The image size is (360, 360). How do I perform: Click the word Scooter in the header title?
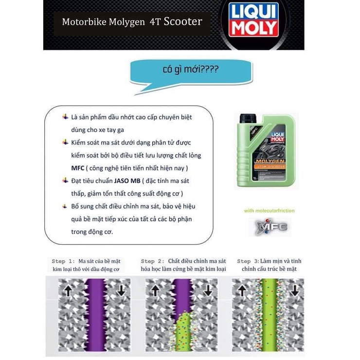click(183, 21)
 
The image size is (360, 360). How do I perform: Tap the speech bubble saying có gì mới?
click(191, 71)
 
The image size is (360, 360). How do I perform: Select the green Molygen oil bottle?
click(265, 150)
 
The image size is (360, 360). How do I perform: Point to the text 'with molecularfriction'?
click(269, 211)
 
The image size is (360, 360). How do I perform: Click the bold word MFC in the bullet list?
click(78, 168)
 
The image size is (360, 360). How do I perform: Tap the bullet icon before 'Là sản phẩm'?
click(65, 117)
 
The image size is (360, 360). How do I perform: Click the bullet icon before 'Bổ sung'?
click(65, 206)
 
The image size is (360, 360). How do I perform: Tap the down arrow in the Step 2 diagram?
click(208, 290)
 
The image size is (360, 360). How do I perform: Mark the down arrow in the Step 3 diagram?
click(295, 290)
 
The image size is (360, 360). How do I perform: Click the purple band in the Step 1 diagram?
click(94, 314)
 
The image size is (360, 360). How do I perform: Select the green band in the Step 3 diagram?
click(268, 314)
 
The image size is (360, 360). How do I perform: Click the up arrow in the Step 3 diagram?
click(242, 290)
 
